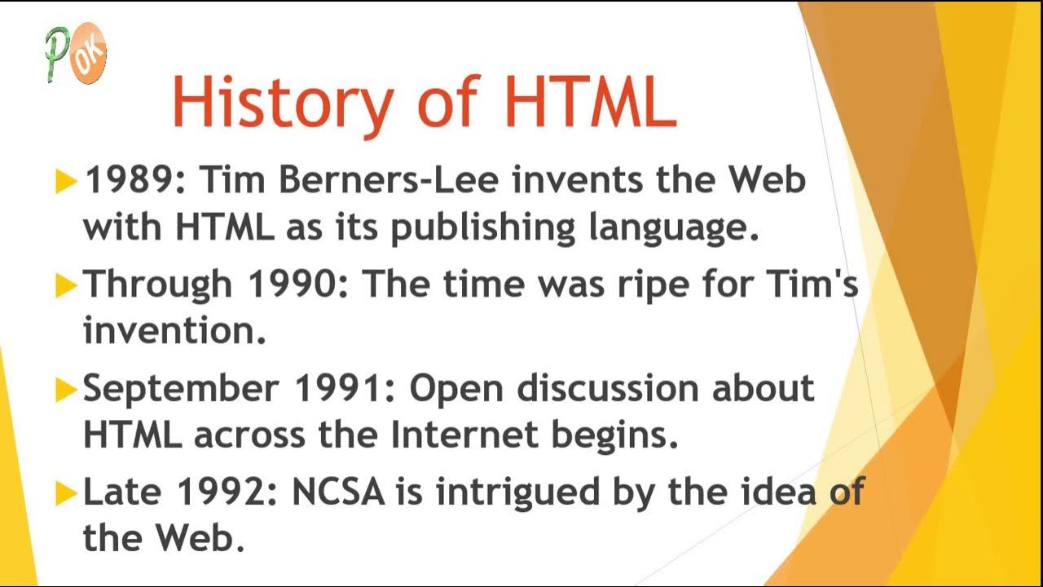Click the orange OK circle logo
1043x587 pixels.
click(x=88, y=55)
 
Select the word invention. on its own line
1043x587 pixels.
click(x=174, y=331)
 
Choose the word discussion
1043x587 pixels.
click(x=608, y=389)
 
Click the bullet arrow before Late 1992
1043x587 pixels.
click(x=66, y=492)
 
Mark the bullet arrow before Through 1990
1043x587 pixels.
click(x=66, y=285)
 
